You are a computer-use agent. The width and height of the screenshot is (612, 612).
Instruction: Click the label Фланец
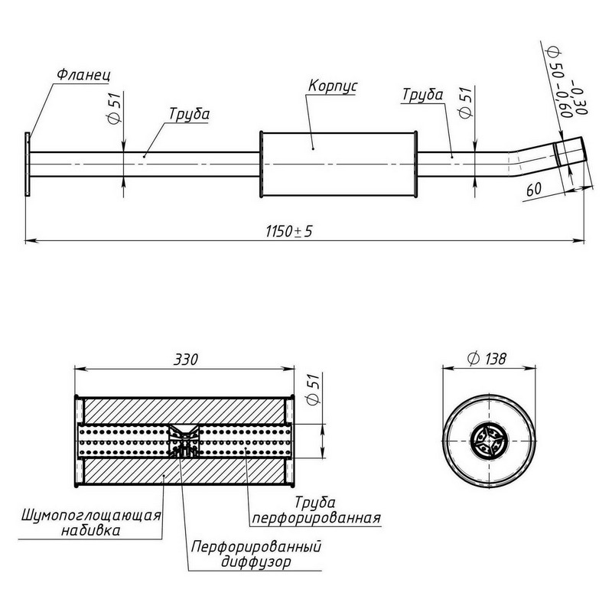(83, 74)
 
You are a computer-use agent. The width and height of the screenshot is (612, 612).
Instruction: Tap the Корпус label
(332, 86)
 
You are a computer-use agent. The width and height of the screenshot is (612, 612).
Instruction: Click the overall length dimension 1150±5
(289, 232)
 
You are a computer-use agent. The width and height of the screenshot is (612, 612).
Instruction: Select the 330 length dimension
(186, 360)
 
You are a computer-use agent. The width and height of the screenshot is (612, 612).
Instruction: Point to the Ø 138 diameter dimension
(487, 358)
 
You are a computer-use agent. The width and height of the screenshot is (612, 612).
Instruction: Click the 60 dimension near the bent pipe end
(533, 189)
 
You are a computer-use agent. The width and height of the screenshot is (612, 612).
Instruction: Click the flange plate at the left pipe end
(28, 164)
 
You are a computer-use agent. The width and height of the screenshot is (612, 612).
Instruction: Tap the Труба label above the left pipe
(189, 114)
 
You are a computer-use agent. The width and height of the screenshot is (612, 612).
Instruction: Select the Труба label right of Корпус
(423, 95)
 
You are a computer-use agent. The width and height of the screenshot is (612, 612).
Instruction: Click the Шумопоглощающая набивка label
(91, 522)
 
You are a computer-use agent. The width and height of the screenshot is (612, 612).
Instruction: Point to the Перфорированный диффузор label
(256, 554)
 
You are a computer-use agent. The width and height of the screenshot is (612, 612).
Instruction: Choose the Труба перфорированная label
(316, 510)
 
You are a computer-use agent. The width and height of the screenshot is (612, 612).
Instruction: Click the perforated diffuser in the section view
(184, 441)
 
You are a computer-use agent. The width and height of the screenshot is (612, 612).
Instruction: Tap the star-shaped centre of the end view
(489, 441)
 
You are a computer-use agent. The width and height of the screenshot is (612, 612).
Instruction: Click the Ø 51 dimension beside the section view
(314, 389)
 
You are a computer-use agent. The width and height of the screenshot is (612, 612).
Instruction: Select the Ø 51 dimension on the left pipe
(113, 108)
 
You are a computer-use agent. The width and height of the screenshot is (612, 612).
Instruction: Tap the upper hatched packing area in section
(184, 411)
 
